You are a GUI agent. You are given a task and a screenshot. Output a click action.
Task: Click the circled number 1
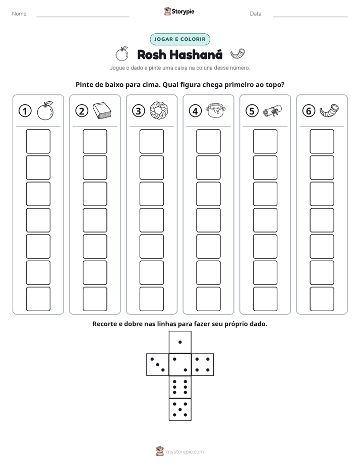coord(25,111)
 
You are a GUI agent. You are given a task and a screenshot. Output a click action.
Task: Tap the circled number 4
coord(195,111)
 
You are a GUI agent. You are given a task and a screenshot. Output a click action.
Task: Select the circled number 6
coord(309,111)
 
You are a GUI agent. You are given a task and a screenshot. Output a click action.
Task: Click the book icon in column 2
coord(102,110)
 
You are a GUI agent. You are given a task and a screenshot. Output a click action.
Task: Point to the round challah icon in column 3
coord(159,110)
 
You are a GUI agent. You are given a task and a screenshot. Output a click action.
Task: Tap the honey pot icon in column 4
coord(216,110)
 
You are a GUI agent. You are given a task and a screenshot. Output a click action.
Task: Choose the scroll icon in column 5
coord(272,110)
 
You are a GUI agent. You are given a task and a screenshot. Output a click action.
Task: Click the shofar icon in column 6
coord(329,110)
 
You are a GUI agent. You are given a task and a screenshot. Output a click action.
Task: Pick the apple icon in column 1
coord(45,111)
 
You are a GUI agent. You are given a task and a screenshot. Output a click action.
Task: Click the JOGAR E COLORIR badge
coord(180,39)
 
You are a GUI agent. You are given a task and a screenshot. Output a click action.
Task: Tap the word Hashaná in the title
coord(196,54)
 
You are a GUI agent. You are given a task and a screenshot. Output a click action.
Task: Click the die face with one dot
coord(180,342)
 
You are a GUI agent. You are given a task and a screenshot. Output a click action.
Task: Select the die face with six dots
coord(180,387)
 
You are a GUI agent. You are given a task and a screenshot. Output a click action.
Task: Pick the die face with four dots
coord(203,365)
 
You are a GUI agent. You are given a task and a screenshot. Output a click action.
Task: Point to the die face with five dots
coord(180,410)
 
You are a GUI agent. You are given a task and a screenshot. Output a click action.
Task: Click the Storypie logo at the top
coord(179,11)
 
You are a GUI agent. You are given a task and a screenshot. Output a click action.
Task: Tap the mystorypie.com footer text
coord(185,452)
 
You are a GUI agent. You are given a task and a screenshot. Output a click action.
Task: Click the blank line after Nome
coord(83,17)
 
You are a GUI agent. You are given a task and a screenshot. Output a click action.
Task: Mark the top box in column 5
coord(265,141)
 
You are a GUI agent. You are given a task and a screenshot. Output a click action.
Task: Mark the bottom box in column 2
coord(95,299)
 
